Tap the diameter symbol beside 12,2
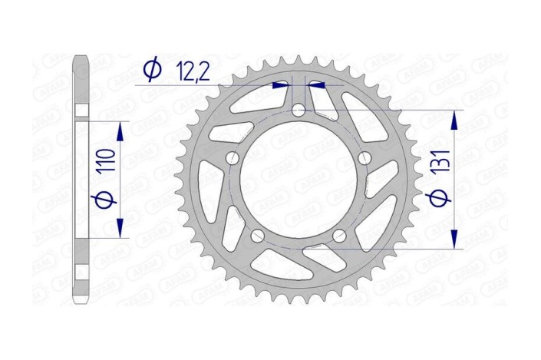[153, 70]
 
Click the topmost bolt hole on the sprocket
[299, 111]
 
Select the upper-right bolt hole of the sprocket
[365, 158]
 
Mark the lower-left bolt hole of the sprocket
[259, 235]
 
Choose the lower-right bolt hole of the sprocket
[340, 235]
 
